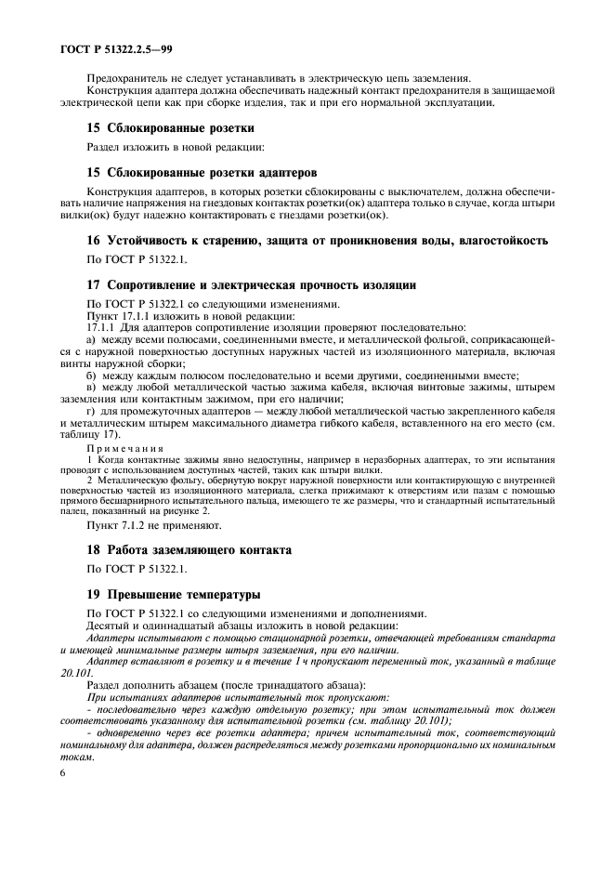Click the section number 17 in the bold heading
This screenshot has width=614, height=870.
coord(93,284)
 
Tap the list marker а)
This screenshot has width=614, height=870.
coord(92,340)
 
